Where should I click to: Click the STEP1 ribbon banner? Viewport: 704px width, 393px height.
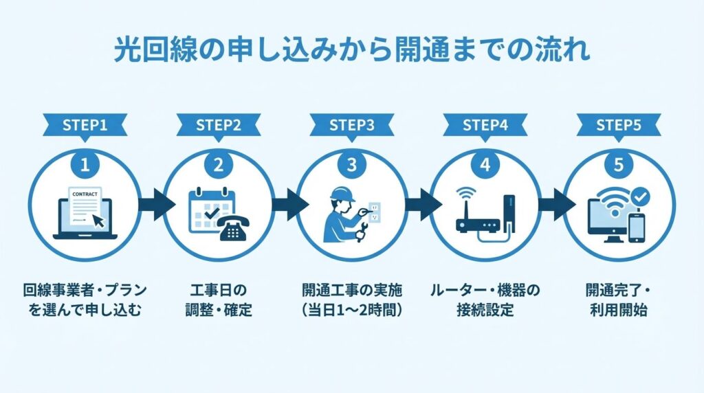tap(85, 126)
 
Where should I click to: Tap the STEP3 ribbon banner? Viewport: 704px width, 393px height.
tap(352, 126)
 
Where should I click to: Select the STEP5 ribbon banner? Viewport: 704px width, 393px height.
tap(619, 126)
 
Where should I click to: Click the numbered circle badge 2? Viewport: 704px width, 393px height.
tap(219, 165)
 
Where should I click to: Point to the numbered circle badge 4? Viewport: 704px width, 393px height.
tap(485, 165)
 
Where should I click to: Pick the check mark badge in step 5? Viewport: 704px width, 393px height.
tap(641, 197)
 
